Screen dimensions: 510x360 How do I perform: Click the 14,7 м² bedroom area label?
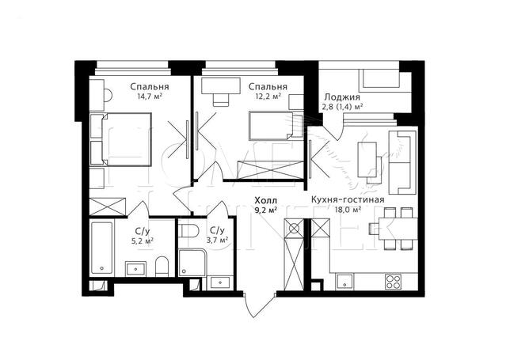(x=150, y=97)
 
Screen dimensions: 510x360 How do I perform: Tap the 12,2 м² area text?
(x=268, y=97)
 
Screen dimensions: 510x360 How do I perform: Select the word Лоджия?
(x=342, y=97)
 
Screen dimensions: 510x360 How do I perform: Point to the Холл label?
(x=266, y=200)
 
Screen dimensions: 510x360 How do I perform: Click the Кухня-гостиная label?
(x=348, y=199)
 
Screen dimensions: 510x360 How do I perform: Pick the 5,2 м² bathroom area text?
(x=143, y=241)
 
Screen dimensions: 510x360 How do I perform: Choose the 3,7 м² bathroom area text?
(x=217, y=240)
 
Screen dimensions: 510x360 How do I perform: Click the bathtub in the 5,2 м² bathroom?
(x=102, y=248)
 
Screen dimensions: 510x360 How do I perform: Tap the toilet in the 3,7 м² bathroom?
(x=188, y=231)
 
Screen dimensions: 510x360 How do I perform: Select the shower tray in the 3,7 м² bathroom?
(x=192, y=263)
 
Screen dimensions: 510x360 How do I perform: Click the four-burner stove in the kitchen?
(x=394, y=282)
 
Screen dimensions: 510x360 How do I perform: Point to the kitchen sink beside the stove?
(x=344, y=281)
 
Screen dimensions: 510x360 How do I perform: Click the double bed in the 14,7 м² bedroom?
(x=127, y=139)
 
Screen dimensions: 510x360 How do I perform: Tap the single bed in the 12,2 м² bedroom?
(x=276, y=126)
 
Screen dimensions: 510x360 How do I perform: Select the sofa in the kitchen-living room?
(x=402, y=162)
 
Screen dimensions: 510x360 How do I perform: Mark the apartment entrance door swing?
(x=259, y=305)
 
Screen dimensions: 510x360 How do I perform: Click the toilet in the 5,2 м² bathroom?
(x=162, y=267)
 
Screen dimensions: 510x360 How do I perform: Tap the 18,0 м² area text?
(x=348, y=210)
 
